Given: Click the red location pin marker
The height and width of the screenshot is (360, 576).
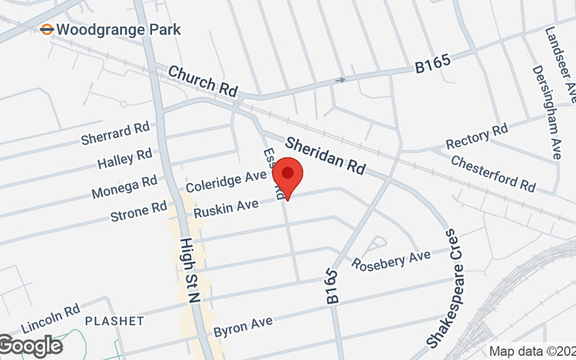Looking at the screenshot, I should click(288, 175).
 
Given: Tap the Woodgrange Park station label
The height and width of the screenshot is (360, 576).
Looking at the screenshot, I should click(117, 30).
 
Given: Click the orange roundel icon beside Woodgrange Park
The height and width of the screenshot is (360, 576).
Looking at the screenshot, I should click(47, 30).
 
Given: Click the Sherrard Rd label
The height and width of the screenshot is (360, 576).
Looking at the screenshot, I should click(115, 131).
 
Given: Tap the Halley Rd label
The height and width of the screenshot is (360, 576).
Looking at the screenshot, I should click(125, 155).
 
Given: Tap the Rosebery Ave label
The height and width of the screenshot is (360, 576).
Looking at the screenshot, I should click(391, 260).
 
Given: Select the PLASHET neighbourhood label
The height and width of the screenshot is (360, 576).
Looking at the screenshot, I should click(115, 320).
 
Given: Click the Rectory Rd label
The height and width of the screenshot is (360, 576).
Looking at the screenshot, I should click(477, 135).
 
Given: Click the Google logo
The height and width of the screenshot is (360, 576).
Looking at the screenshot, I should click(30, 346).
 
